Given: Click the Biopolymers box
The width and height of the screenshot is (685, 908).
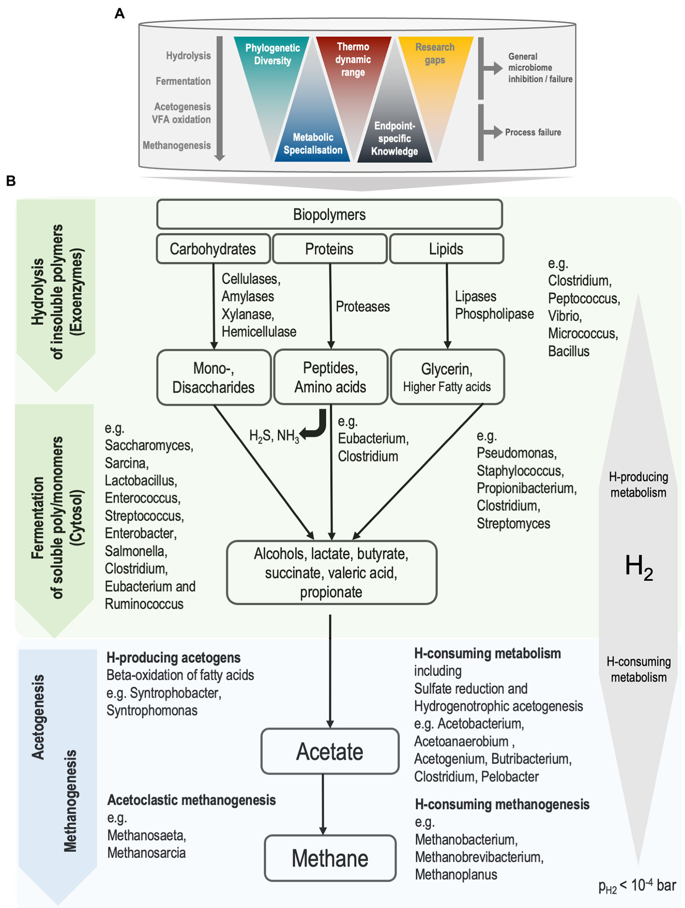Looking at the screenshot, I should (329, 215).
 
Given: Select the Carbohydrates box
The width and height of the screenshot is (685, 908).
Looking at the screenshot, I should (213, 249).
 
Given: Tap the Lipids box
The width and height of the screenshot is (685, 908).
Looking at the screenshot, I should (446, 249).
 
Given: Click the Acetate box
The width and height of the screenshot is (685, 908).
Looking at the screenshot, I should (330, 751).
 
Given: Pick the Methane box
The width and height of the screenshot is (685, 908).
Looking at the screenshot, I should (330, 858).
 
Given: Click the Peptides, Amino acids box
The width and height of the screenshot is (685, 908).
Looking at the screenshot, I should (330, 377).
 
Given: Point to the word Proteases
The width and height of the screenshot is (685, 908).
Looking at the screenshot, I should (362, 307).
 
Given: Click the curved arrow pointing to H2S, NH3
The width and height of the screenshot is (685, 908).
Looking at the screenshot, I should (316, 426).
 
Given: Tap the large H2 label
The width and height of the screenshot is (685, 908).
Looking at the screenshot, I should (639, 567).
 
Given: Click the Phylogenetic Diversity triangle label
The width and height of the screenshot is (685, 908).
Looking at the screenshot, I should (272, 54).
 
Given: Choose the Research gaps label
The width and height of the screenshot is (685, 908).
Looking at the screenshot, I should (435, 54).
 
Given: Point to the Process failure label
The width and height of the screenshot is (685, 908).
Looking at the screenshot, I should (533, 132).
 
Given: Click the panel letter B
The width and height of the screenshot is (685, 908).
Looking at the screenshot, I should (11, 181).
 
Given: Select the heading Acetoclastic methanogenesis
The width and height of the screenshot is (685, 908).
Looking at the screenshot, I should (191, 800).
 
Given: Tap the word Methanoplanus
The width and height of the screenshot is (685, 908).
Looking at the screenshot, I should (456, 875).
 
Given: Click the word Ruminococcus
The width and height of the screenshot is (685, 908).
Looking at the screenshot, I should (144, 604).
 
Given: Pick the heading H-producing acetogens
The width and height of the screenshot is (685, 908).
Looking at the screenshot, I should (173, 657).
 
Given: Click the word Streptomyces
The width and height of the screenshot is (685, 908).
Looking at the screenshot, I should (513, 523).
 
